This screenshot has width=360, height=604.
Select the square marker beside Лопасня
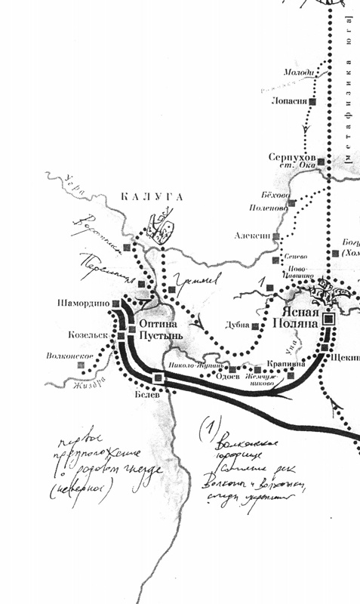click(312, 100)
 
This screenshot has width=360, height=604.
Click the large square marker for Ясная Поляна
click(328, 319)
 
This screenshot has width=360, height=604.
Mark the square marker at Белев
click(158, 377)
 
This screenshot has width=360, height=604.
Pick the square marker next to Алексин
click(276, 236)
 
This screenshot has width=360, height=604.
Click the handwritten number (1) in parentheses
click(205, 428)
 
